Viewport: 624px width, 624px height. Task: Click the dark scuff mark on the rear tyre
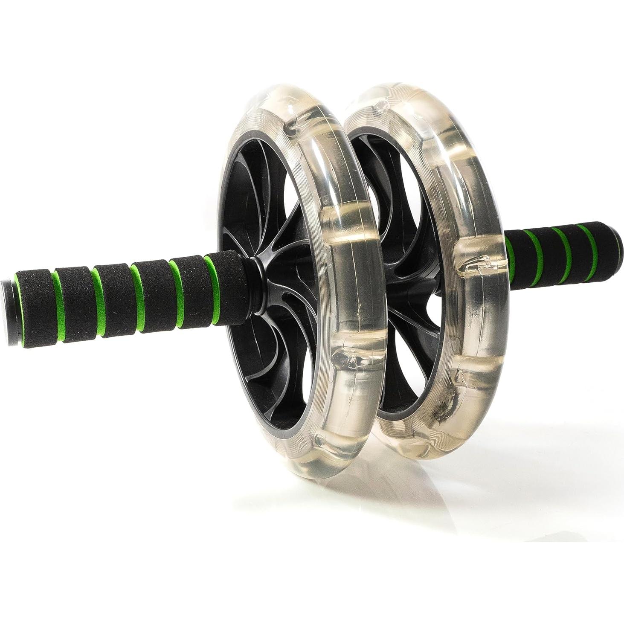coord(444,407)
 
